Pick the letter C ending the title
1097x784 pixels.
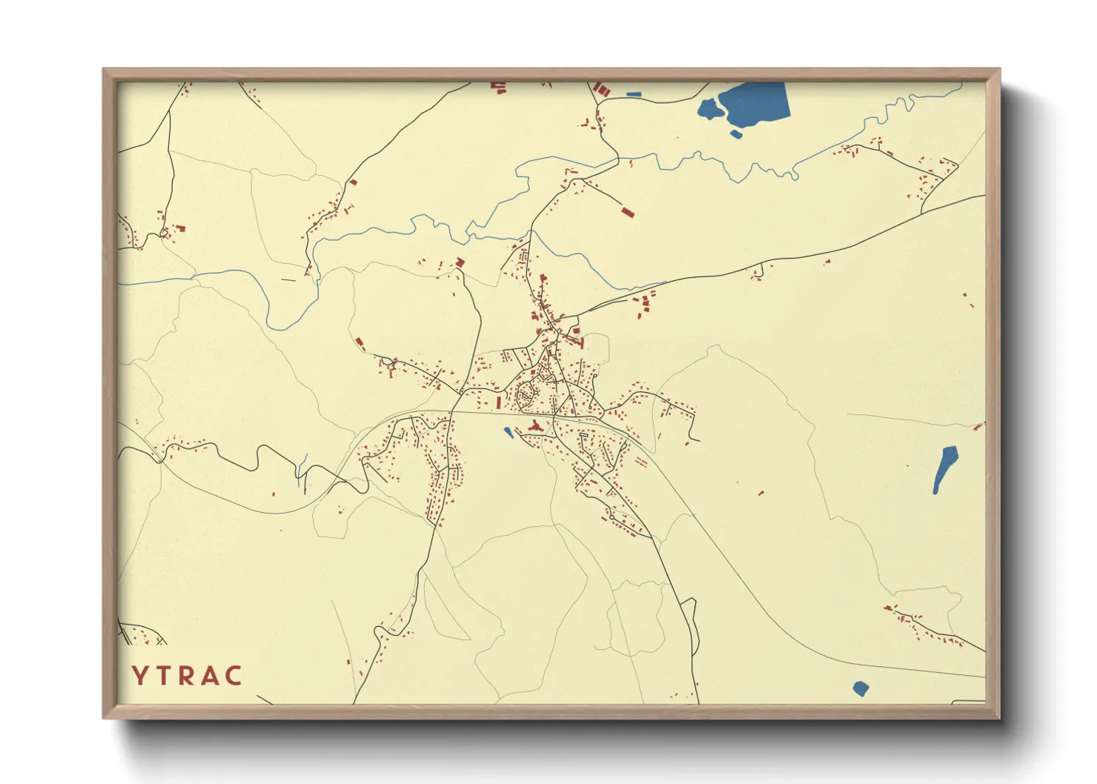[x=233, y=675]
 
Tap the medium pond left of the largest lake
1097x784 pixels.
[x=709, y=110]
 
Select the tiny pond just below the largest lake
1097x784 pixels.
[x=735, y=134]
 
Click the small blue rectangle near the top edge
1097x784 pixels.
[x=633, y=95]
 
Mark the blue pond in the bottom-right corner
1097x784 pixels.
[x=860, y=688]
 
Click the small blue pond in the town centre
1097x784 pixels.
[x=508, y=431]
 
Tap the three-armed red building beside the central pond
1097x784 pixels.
[x=535, y=426]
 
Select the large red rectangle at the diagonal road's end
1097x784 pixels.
[x=628, y=213]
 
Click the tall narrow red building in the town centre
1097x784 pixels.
[x=498, y=402]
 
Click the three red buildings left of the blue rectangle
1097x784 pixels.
[x=603, y=90]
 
